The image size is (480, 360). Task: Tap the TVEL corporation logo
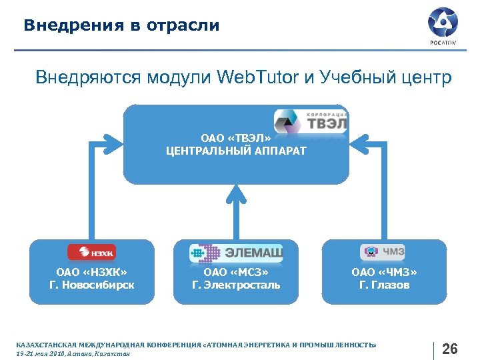pyautogui.click(x=311, y=121)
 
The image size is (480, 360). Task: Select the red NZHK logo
pyautogui.click(x=91, y=252)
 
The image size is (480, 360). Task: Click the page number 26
pyautogui.click(x=450, y=349)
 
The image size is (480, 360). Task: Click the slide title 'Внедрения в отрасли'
pyautogui.click(x=121, y=26)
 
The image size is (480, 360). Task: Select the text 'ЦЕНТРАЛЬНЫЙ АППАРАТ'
pyautogui.click(x=236, y=151)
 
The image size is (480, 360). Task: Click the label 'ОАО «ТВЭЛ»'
pyautogui.click(x=236, y=138)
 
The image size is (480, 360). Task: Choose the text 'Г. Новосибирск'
pyautogui.click(x=92, y=285)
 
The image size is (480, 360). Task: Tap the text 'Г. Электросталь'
pyautogui.click(x=236, y=285)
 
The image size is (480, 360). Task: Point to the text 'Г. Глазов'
pyautogui.click(x=384, y=285)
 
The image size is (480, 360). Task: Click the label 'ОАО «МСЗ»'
pyautogui.click(x=236, y=271)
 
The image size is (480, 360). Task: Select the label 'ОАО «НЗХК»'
pyautogui.click(x=92, y=271)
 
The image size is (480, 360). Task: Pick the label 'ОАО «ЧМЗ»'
pyautogui.click(x=384, y=271)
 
